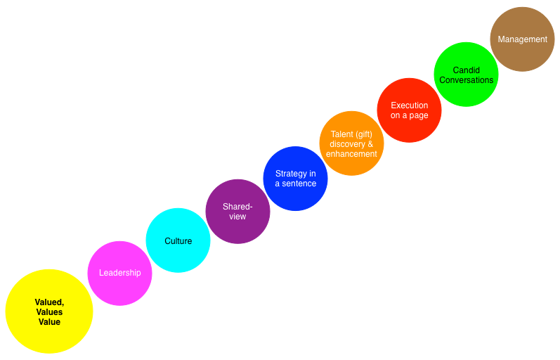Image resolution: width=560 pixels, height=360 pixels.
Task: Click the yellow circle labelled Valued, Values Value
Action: tap(49, 311)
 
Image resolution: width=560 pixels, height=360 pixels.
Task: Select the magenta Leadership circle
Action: tap(119, 274)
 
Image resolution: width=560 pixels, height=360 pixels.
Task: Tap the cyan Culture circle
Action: tap(178, 240)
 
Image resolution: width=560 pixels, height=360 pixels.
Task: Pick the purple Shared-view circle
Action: tap(237, 212)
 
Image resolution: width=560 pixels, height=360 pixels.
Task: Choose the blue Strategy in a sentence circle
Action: tap(295, 179)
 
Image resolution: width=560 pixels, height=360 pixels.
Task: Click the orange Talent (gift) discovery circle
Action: tap(351, 143)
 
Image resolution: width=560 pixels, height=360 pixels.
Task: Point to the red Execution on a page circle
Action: tap(409, 110)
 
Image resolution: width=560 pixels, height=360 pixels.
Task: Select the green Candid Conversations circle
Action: tap(466, 75)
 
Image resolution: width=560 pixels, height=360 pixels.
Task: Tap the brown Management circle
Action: tap(522, 39)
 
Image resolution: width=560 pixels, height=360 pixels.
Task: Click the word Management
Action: tap(522, 39)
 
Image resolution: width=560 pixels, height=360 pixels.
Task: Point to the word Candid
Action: tap(467, 70)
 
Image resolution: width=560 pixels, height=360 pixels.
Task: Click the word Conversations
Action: tap(467, 80)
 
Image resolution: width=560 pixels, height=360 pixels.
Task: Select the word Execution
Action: tap(410, 105)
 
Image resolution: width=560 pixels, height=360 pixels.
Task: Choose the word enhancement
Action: tap(351, 154)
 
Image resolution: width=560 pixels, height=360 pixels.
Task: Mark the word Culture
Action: tap(178, 241)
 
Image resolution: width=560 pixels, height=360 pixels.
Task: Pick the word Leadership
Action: tap(119, 273)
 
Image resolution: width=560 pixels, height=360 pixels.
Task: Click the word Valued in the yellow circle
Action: tap(49, 302)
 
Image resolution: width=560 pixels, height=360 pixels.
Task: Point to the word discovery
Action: tap(346, 144)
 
